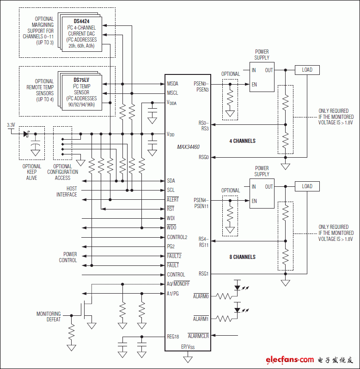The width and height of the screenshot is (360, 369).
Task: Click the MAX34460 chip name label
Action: click(x=188, y=147)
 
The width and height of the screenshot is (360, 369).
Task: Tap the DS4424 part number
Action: click(x=81, y=21)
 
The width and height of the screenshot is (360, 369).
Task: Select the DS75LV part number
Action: click(x=81, y=80)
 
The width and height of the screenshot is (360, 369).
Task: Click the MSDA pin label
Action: click(x=173, y=84)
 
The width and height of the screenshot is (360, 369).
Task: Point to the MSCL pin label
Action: click(x=173, y=93)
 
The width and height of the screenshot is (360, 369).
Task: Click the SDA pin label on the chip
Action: click(x=171, y=181)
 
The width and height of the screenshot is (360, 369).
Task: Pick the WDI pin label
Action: click(x=171, y=218)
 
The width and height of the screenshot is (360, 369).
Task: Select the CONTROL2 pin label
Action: click(x=177, y=237)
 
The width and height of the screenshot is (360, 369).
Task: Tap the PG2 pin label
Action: click(x=171, y=246)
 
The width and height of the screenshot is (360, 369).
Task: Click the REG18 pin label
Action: click(x=173, y=337)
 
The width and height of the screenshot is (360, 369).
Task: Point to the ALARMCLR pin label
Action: click(x=198, y=336)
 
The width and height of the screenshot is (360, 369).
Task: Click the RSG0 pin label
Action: click(x=204, y=158)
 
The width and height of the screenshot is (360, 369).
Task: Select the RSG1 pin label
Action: click(x=204, y=274)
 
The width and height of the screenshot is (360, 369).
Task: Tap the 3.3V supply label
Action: click(x=11, y=125)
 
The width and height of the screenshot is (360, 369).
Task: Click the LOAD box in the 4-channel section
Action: click(x=307, y=70)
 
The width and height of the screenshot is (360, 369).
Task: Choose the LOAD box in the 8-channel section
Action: click(x=307, y=186)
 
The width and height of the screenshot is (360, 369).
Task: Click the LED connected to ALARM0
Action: click(x=238, y=287)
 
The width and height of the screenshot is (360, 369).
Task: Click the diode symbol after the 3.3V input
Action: click(x=26, y=134)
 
